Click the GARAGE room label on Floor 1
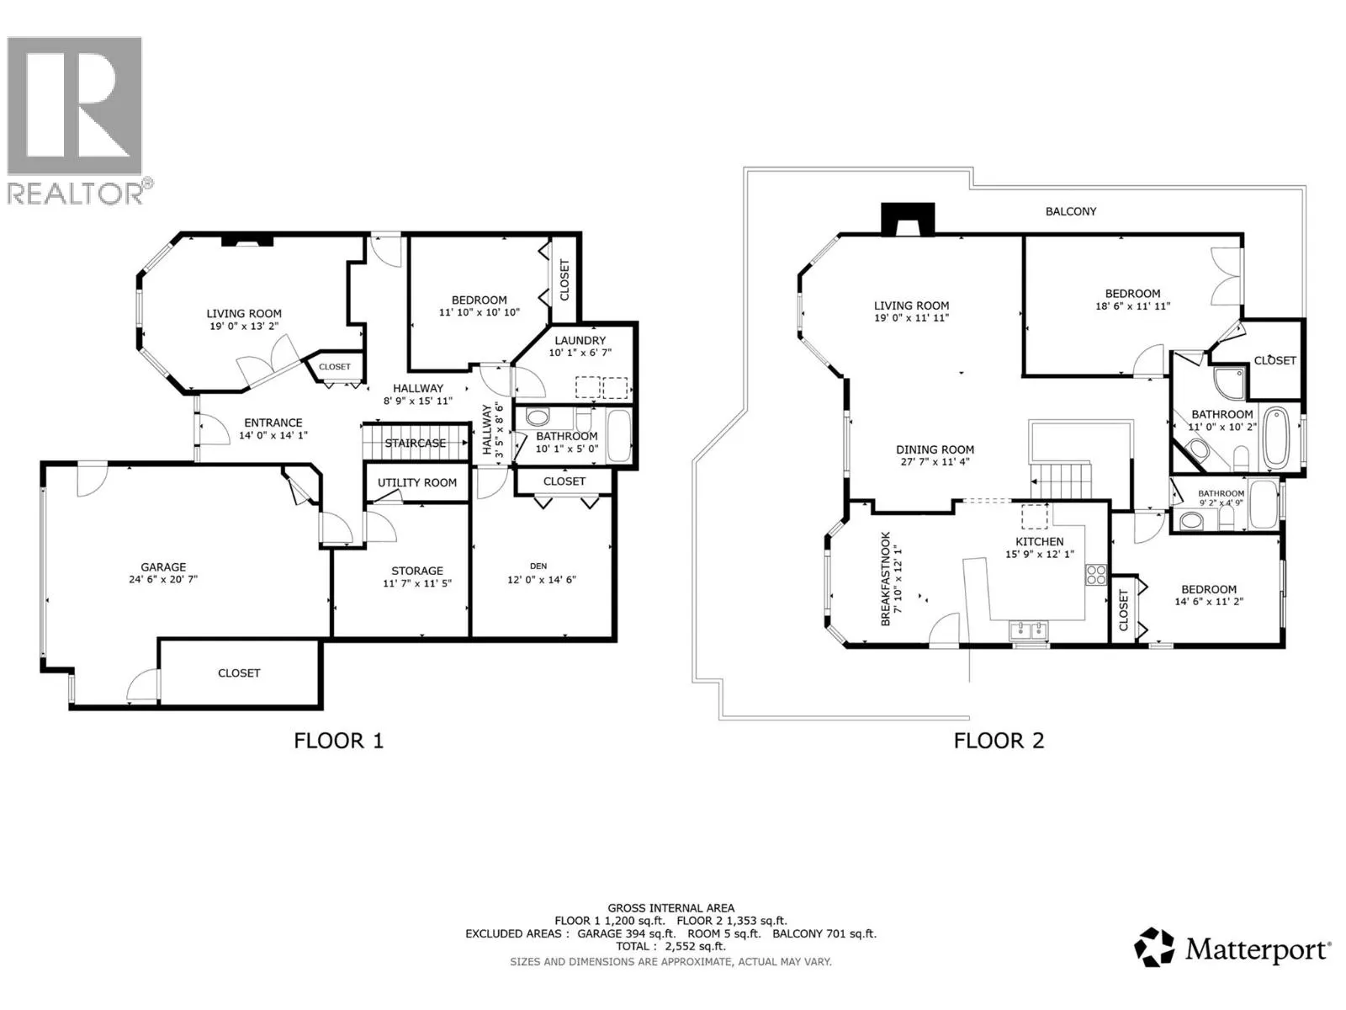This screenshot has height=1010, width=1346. [x=163, y=567]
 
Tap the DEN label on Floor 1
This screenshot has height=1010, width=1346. [x=538, y=566]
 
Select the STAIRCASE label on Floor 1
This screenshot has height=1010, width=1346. [x=416, y=444]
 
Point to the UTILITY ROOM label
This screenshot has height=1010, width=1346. [x=417, y=483]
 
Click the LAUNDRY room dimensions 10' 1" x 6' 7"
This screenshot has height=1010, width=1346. [x=580, y=353]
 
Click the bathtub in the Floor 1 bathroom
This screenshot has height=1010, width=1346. [x=619, y=434]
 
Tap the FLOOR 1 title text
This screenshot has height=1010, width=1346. [x=338, y=741]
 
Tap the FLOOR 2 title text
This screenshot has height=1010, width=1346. [x=999, y=741]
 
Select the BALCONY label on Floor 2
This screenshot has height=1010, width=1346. [x=1071, y=211]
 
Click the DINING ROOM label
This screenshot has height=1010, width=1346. [x=935, y=450]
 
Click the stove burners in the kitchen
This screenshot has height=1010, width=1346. [x=1096, y=575]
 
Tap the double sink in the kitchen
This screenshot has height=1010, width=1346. [x=1028, y=630]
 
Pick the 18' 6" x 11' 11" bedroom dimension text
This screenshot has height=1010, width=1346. [x=1132, y=306]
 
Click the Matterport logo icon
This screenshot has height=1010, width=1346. [x=1153, y=948]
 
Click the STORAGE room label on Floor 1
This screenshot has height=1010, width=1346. [x=416, y=571]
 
